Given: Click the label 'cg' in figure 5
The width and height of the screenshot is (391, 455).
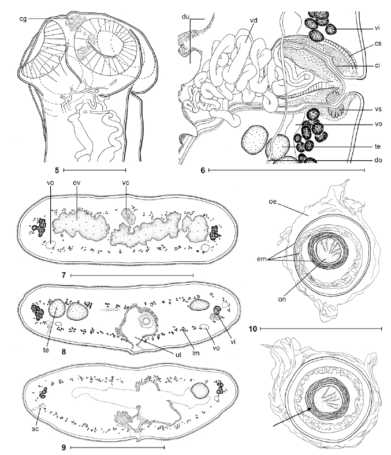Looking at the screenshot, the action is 23,19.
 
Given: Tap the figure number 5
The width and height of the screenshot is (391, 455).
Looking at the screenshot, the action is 57,170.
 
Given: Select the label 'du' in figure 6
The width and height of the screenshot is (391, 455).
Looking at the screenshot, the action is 185,17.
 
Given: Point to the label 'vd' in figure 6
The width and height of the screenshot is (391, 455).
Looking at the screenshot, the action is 254,20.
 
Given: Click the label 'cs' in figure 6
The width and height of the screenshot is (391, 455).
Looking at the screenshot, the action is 378,43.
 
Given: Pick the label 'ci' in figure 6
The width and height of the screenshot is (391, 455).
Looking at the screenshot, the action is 377,66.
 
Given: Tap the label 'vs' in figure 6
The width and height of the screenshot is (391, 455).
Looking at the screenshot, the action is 378,110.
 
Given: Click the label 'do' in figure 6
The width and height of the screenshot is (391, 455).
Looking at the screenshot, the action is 378,160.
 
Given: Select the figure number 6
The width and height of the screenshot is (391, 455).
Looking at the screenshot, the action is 203,170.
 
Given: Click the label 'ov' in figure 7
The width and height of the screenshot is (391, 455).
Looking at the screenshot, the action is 76,183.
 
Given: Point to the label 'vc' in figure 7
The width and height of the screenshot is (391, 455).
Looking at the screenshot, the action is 125,183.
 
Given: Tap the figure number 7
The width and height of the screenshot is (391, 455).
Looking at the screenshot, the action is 64,275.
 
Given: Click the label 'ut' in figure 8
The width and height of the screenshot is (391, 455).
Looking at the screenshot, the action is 178,354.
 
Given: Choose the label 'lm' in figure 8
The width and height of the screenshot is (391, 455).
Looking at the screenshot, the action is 196,352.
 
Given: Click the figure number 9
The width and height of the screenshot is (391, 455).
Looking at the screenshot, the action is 64,448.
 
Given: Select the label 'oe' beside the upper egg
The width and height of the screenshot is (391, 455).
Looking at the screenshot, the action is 273,201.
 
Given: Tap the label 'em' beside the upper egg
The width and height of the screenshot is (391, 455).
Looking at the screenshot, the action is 262,259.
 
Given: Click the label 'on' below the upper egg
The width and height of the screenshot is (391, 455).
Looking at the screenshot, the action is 282,299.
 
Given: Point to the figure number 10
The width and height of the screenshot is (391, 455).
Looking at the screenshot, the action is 253,329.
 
